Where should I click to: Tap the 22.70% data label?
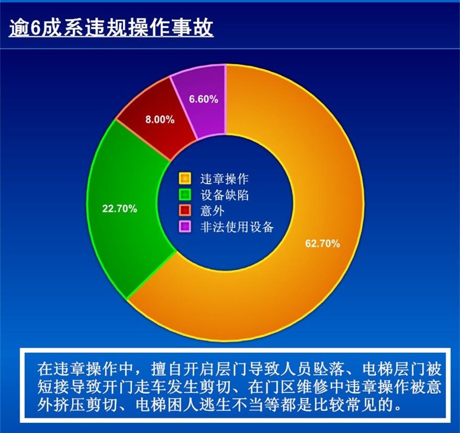pos(119,208)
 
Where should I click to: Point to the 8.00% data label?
pos(160,119)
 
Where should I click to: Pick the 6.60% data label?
pos(204,99)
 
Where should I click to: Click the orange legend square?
pos(185,179)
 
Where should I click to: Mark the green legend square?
pos(185,195)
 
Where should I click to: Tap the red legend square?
pos(185,211)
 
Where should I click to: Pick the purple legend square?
pos(185,227)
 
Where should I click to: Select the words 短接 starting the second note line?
pos(50,387)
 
